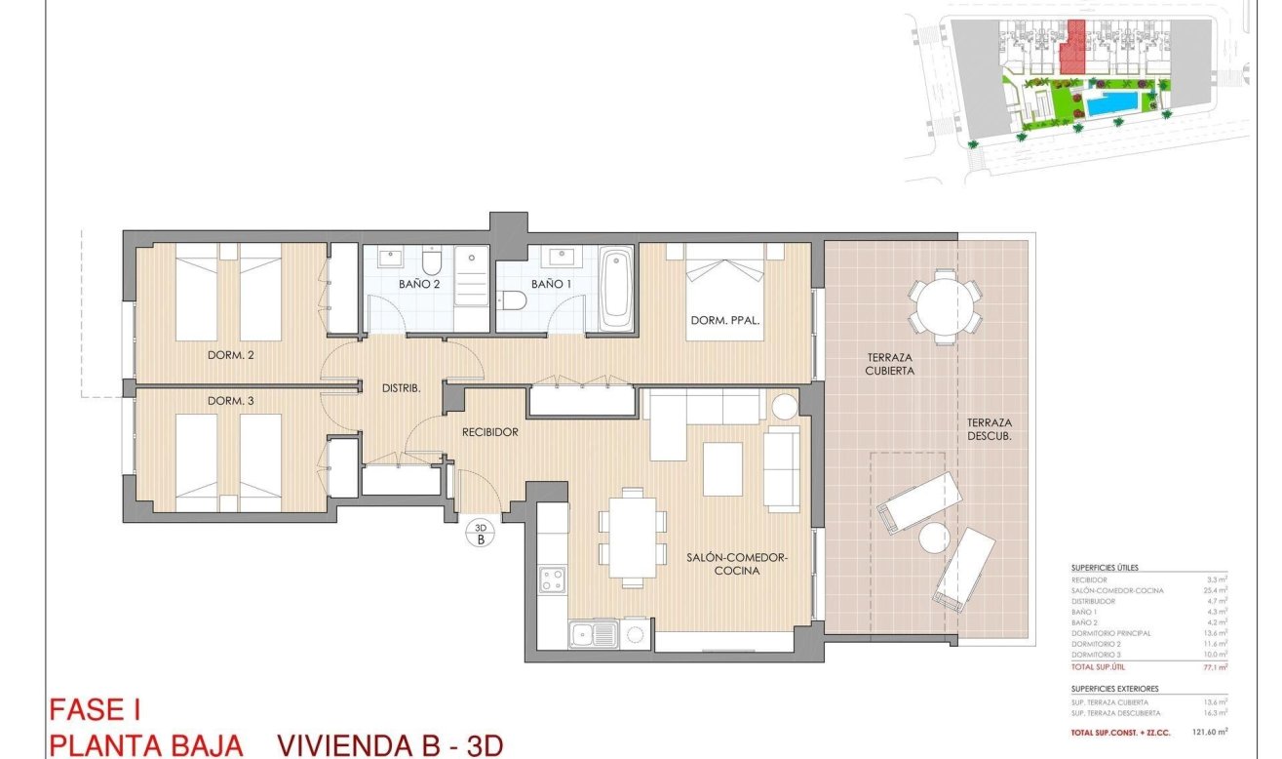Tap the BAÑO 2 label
click(x=420, y=284)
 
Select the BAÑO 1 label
click(x=553, y=284)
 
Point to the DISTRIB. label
click(x=401, y=388)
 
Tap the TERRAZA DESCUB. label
click(x=990, y=429)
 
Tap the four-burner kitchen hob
click(x=553, y=579)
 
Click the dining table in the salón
click(x=633, y=536)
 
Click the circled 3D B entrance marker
click(x=480, y=533)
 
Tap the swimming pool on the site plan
click(x=1112, y=103)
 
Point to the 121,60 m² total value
click(x=1208, y=731)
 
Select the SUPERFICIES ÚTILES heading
click(x=1104, y=567)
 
